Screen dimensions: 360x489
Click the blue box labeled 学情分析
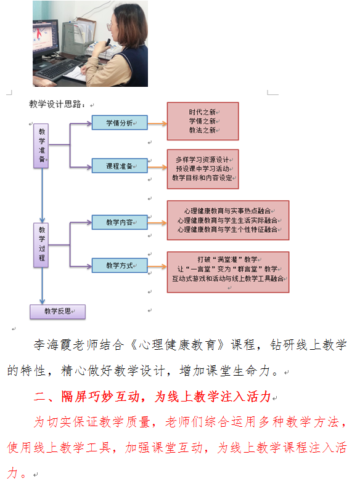pyautogui.click(x=120, y=123)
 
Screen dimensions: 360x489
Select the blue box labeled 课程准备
pyautogui.click(x=120, y=166)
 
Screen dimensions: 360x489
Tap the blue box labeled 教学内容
pyautogui.click(x=120, y=222)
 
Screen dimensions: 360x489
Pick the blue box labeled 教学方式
pyautogui.click(x=120, y=265)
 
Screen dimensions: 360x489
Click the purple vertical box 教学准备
pyautogui.click(x=41, y=145)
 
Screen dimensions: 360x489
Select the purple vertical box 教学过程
pyautogui.click(x=41, y=245)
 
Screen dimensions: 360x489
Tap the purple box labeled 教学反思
pyautogui.click(x=58, y=312)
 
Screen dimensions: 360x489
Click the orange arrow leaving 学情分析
pyautogui.click(x=157, y=124)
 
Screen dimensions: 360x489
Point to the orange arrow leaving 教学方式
pyautogui.click(x=157, y=266)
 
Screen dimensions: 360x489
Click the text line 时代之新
pyautogui.click(x=202, y=112)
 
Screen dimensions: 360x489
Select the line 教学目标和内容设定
pyautogui.click(x=202, y=178)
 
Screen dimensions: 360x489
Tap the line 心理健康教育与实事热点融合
pyautogui.click(x=227, y=211)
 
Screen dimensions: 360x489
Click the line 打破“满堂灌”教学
pyautogui.click(x=227, y=259)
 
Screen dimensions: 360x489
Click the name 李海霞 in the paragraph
pyautogui.click(x=53, y=345)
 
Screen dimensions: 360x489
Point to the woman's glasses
pyautogui.click(x=111, y=26)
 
